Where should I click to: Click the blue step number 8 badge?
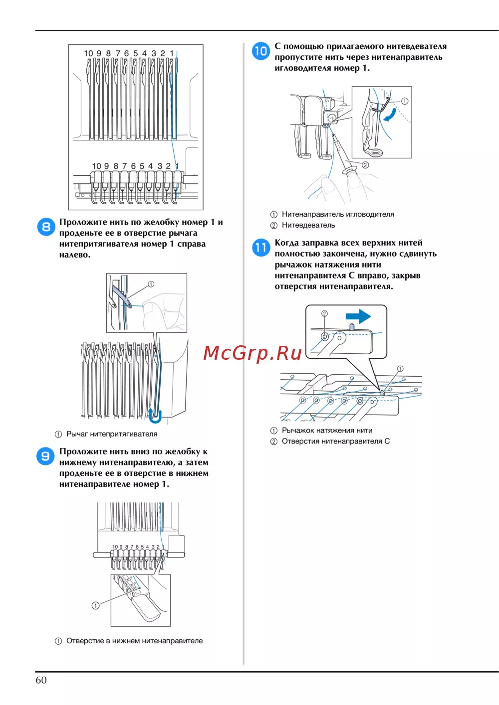click(x=46, y=227)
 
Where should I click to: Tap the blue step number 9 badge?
click(x=45, y=456)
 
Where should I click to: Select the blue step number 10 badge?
click(x=260, y=51)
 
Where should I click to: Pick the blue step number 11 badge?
click(x=260, y=247)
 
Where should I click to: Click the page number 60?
click(x=41, y=680)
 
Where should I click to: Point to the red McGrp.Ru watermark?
click(x=252, y=353)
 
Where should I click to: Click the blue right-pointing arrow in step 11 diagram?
click(x=358, y=316)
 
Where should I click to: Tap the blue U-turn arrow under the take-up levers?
click(x=155, y=415)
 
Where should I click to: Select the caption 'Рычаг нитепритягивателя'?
click(x=112, y=434)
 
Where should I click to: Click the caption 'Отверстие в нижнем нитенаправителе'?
click(x=134, y=641)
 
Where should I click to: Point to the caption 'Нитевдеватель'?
click(x=308, y=225)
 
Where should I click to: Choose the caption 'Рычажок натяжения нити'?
click(x=327, y=430)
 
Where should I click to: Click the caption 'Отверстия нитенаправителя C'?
click(x=335, y=441)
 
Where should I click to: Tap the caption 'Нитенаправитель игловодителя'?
click(x=338, y=214)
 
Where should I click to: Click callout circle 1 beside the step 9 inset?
click(x=95, y=605)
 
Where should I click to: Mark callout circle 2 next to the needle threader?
click(x=365, y=165)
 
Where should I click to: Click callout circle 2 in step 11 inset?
click(x=324, y=314)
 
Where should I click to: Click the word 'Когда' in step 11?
click(x=287, y=243)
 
